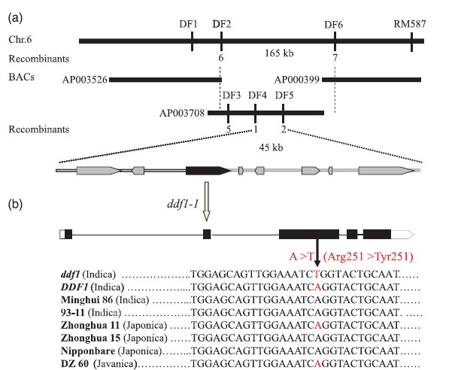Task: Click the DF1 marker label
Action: (188, 24)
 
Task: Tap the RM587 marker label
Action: (410, 24)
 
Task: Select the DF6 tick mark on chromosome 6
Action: (335, 41)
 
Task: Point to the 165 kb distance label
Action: (279, 53)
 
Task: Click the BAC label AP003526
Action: (85, 80)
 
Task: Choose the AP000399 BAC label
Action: (296, 79)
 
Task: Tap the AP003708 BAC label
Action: (182, 113)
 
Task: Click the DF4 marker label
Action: (257, 95)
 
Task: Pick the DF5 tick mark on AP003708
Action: (283, 113)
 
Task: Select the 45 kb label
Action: (271, 147)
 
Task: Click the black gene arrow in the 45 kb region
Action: (208, 171)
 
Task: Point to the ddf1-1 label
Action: (183, 204)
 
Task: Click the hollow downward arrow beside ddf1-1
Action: (206, 202)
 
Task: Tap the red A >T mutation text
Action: (301, 256)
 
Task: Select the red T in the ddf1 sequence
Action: (317, 274)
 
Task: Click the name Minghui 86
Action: (86, 300)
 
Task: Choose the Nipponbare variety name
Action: (88, 350)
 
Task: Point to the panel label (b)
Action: (15, 204)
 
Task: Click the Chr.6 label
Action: (20, 39)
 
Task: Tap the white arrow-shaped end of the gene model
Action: (402, 235)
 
